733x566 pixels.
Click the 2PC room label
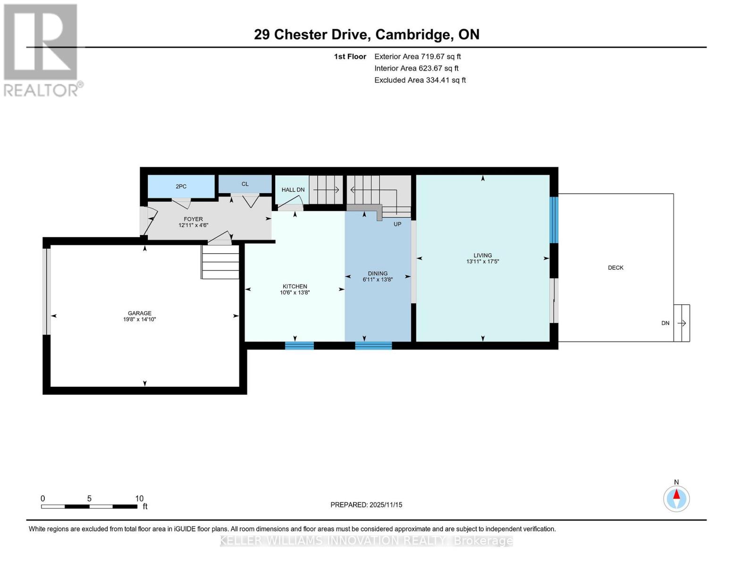[x=181, y=186]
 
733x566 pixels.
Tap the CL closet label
[x=245, y=184]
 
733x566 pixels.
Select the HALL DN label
[x=293, y=190]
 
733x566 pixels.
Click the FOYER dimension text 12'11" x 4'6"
[x=193, y=225]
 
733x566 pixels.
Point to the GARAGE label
[x=140, y=313]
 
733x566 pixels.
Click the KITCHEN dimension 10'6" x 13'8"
[x=295, y=292]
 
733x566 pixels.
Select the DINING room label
[x=378, y=273]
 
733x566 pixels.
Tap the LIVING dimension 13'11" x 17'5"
[x=482, y=261]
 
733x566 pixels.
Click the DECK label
[x=615, y=267]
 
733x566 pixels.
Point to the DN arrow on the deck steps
[x=682, y=323]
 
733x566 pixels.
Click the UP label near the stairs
[x=397, y=224]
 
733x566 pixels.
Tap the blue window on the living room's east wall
[x=554, y=220]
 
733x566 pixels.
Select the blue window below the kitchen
[x=299, y=346]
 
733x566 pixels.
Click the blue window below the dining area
[x=373, y=346]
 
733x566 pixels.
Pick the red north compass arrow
[x=676, y=494]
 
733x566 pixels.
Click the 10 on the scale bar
[x=139, y=499]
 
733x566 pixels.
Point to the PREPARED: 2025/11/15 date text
[x=366, y=505]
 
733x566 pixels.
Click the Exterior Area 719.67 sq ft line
[x=417, y=57]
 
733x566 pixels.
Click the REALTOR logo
[x=42, y=50]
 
